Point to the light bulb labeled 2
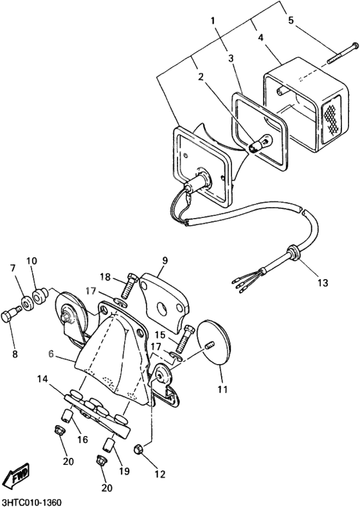pyautogui.click(x=260, y=143)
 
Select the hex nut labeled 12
pyautogui.click(x=138, y=449)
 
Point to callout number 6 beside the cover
pyautogui.click(x=51, y=354)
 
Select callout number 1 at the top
pyautogui.click(x=213, y=21)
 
